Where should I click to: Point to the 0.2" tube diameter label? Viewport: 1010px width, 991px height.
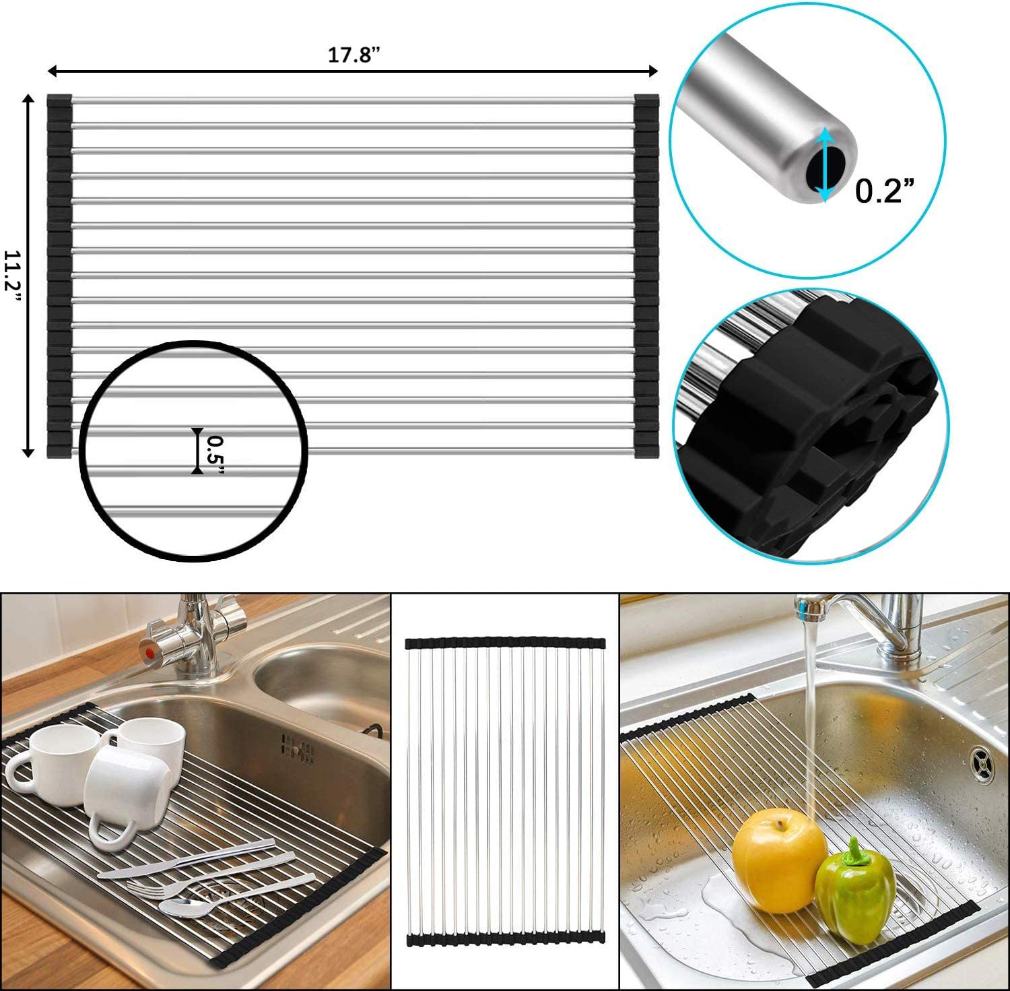coord(885,191)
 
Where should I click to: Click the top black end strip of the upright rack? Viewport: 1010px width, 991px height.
coord(505,643)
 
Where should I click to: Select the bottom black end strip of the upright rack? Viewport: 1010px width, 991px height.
coord(505,938)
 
